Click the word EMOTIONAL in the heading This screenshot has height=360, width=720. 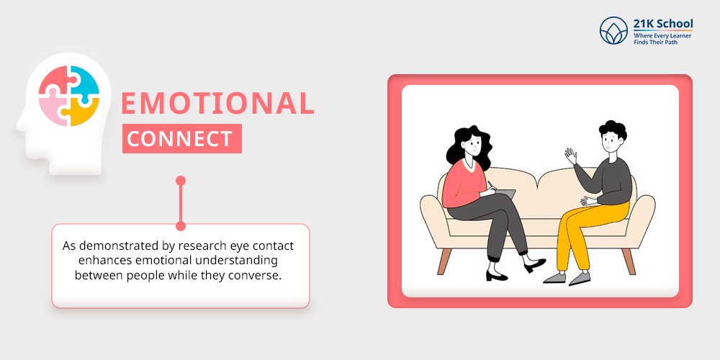click(x=217, y=103)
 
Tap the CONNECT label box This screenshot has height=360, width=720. click(x=182, y=139)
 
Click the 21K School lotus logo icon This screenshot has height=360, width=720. click(x=613, y=30)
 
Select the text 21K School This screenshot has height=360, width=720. click(x=663, y=24)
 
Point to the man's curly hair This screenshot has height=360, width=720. click(x=613, y=130)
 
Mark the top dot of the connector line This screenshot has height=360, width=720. click(x=181, y=181)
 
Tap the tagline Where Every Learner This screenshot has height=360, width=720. click(x=662, y=35)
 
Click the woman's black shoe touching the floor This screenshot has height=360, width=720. click(x=497, y=276)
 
